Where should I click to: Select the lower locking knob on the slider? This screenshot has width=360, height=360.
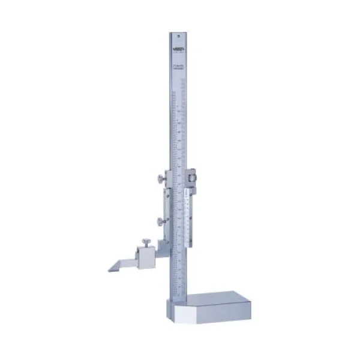[x=160, y=221]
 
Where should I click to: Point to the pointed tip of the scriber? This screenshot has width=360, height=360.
[x=110, y=269]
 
